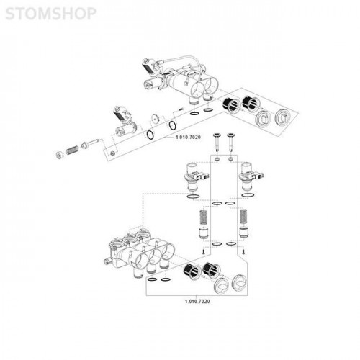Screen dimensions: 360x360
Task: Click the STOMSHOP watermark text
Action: pos(50,14)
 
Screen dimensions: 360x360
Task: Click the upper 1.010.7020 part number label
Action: pos(188,138)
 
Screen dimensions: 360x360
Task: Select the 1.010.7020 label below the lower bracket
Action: pos(197,301)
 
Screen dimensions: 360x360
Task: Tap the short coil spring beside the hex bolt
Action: pos(72,150)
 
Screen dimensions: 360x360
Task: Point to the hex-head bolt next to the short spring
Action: pos(90,143)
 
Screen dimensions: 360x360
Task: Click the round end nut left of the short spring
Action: pos(59,155)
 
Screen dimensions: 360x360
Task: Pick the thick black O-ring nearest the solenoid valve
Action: pos(150,135)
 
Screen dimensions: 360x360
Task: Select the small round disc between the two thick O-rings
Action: pos(156,118)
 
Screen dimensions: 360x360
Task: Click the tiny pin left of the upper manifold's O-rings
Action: pos(181,109)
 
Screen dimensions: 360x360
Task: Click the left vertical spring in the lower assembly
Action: pos(204,217)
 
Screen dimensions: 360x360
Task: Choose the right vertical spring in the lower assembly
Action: pos(244,217)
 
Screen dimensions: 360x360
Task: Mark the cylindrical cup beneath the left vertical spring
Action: pos(204,233)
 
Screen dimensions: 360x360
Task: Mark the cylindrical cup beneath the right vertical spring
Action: pos(244,233)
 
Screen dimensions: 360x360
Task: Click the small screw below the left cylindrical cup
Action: pos(203,251)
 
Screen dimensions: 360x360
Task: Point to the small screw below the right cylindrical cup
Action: pos(243,251)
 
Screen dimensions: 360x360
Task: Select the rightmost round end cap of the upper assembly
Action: pos(284,117)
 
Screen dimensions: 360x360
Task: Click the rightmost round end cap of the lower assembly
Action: pos(240,282)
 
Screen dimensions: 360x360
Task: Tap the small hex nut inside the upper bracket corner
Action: pos(112,153)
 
